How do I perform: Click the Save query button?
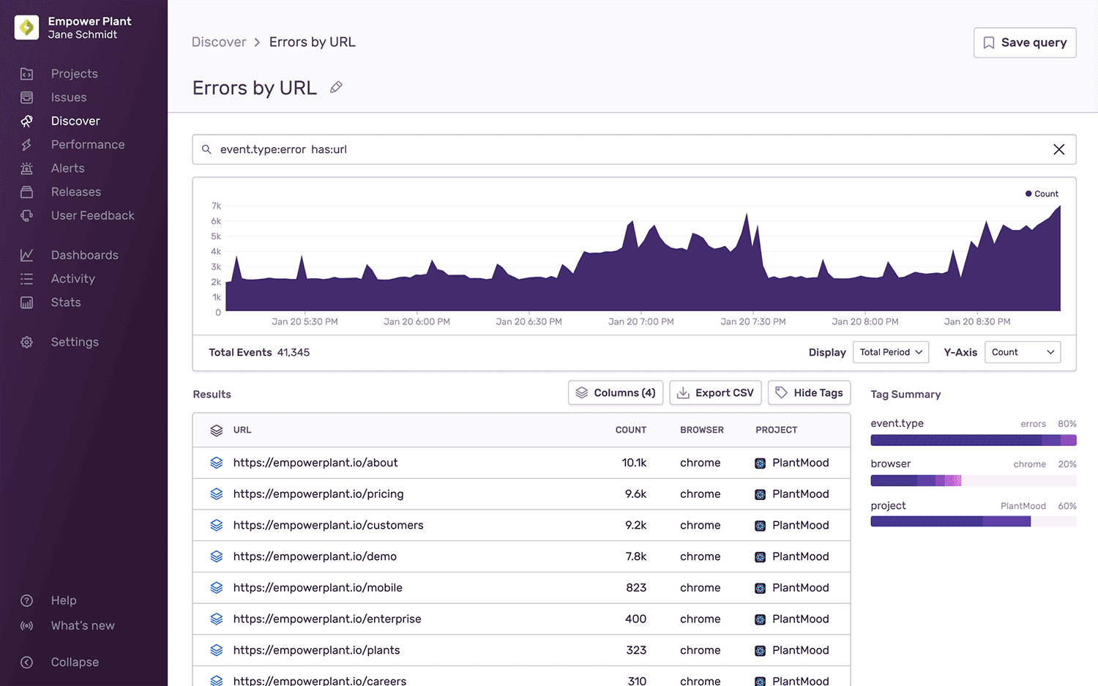point(1024,42)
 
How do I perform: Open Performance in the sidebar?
point(87,144)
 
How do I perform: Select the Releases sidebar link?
point(75,192)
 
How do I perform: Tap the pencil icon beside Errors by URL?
point(336,87)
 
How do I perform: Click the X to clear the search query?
point(1058,149)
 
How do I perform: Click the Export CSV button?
point(715,393)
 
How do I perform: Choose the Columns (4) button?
point(616,393)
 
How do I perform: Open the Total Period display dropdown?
point(890,352)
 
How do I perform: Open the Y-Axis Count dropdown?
point(1022,352)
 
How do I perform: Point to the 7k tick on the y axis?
point(216,206)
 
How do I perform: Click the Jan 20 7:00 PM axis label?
point(640,321)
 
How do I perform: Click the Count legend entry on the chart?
point(1042,194)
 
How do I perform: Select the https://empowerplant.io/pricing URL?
point(318,494)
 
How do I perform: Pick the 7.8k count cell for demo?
point(635,556)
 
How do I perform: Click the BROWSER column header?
point(701,430)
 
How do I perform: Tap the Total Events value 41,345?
point(293,352)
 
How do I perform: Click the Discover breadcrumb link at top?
point(218,42)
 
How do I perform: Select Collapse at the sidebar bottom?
point(74,662)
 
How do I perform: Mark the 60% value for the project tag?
point(1067,506)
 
